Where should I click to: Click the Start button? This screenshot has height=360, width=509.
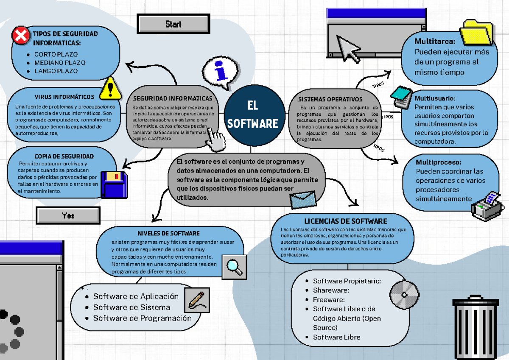point(173,24)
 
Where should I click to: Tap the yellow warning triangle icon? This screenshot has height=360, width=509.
point(110,88)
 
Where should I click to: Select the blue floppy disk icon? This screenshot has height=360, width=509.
point(114,184)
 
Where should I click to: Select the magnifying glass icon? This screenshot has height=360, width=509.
point(234,267)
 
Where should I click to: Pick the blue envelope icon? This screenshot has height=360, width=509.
point(303,198)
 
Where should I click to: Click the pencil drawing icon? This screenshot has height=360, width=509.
point(198,299)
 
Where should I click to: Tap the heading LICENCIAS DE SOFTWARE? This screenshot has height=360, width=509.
point(345,221)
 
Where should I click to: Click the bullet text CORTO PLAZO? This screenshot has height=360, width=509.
point(56,55)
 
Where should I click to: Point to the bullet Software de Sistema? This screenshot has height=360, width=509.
point(131,307)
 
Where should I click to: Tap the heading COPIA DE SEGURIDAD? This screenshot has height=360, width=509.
point(64,156)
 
